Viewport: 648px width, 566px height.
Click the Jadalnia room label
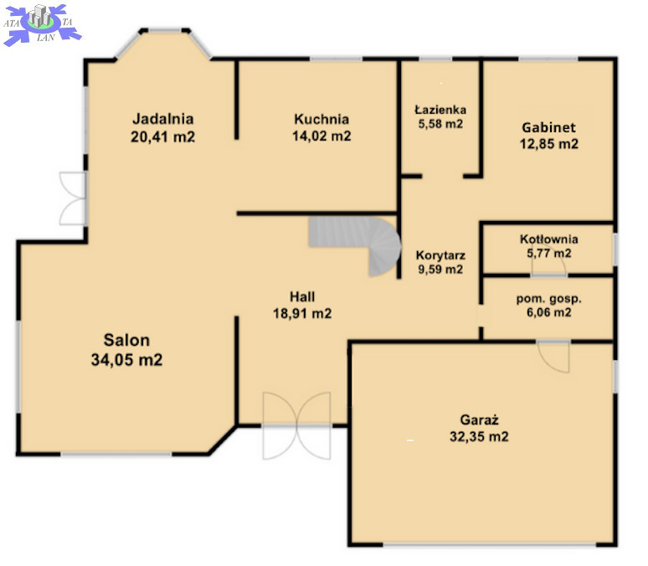tap(162, 119)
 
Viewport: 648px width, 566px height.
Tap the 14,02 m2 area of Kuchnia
tap(321, 136)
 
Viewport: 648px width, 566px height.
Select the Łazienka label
tap(440, 110)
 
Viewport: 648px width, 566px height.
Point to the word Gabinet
tap(549, 127)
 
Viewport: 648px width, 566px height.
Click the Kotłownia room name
tap(549, 239)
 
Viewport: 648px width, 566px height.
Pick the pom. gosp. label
tap(549, 299)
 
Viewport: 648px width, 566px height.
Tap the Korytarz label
tap(440, 255)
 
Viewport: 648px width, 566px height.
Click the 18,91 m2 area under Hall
tap(302, 313)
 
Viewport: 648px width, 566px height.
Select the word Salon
tap(126, 340)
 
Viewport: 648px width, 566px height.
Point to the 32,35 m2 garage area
tap(479, 436)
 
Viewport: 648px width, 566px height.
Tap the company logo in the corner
tap(42, 23)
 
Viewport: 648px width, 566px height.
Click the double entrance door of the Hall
tap(296, 426)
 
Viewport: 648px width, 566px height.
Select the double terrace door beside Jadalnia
tap(73, 198)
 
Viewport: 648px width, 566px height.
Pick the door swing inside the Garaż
tap(553, 357)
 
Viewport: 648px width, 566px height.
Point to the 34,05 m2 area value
tap(126, 360)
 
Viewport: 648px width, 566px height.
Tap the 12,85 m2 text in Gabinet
tap(549, 144)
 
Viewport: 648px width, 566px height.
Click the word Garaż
tap(479, 420)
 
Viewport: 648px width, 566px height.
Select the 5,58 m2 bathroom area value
tap(440, 124)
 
